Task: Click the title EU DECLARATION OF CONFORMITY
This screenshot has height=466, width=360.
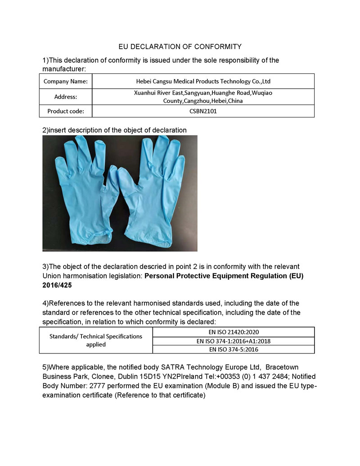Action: click(180, 46)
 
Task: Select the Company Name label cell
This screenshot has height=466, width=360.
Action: click(65, 81)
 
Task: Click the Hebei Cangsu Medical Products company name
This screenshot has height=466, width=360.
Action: click(203, 81)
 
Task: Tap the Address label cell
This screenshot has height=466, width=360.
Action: click(65, 96)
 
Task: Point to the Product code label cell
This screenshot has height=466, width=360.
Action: click(65, 111)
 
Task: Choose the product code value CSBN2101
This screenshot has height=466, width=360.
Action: click(203, 111)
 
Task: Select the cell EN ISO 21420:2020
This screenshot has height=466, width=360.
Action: click(234, 332)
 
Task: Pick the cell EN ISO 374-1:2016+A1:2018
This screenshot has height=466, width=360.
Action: click(234, 341)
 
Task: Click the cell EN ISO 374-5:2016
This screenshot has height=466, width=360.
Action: click(234, 349)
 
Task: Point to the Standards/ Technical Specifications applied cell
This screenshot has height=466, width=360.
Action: click(96, 340)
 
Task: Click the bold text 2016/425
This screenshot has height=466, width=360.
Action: click(57, 285)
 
